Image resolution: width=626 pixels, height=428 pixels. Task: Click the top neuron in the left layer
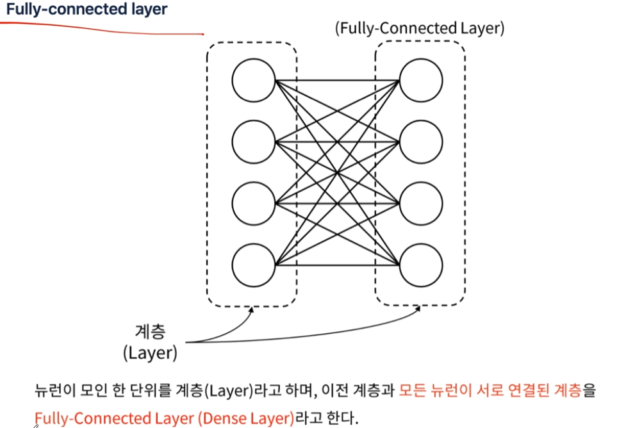point(254,81)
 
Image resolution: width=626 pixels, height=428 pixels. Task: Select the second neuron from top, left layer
point(254,142)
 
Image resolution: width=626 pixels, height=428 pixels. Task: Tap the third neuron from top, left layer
point(254,203)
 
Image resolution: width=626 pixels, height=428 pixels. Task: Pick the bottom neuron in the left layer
point(254,264)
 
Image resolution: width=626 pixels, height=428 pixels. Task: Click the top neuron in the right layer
point(421,81)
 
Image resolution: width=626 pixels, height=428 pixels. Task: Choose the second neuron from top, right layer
point(421,142)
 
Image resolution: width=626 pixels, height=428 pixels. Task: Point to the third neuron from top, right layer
point(421,203)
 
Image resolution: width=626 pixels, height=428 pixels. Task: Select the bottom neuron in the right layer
point(421,264)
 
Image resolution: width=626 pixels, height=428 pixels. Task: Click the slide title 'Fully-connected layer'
point(86,10)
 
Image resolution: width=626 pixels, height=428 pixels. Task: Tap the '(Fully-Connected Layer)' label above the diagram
point(420,28)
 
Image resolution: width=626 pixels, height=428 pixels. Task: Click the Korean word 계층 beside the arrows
point(151,332)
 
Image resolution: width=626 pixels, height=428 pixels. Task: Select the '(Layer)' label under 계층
point(151,352)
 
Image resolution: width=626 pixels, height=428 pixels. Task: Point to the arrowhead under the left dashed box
point(252,309)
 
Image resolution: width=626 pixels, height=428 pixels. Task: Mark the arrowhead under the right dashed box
point(419,308)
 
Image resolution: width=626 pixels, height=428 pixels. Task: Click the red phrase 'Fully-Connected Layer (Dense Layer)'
point(165,418)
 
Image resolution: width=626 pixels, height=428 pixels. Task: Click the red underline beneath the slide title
point(103,26)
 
